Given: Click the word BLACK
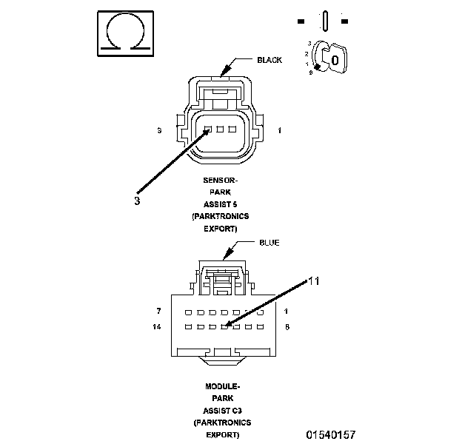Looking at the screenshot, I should [269, 60].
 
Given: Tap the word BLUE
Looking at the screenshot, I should [269, 243].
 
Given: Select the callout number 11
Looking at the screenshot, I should [314, 281].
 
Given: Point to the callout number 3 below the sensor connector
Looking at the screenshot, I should [137, 200].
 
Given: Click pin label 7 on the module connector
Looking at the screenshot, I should [158, 311].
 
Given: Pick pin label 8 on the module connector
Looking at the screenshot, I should [287, 326].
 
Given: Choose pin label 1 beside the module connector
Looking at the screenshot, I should [286, 311].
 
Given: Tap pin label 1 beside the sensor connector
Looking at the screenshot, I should [279, 131].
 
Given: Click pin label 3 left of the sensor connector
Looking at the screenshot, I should [159, 131].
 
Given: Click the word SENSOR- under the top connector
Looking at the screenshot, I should [221, 181].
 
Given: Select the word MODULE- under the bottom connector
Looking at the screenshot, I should [221, 386].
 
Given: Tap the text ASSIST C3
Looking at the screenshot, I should [221, 410].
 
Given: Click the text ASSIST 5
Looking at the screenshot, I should [221, 204].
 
